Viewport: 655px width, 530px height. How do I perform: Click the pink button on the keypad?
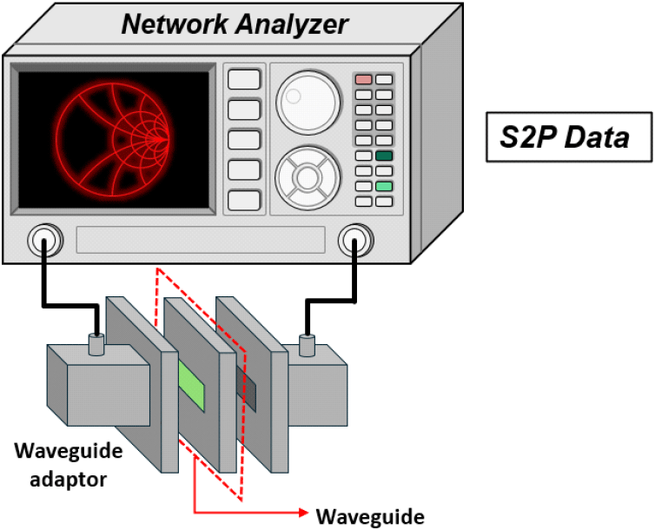pyautogui.click(x=363, y=79)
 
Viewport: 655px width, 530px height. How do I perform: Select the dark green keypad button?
pyautogui.click(x=383, y=156)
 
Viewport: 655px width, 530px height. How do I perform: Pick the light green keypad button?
pyautogui.click(x=383, y=186)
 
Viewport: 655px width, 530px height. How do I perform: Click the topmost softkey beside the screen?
pyautogui.click(x=244, y=79)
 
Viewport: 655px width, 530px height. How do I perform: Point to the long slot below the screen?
pyautogui.click(x=200, y=240)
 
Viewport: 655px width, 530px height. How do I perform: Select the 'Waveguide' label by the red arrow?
pyautogui.click(x=370, y=517)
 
